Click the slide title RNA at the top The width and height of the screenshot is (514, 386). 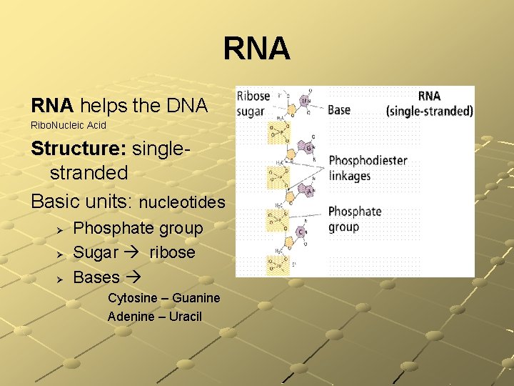256,49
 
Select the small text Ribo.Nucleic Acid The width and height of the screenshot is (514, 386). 69,126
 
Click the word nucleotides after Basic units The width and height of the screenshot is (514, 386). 181,203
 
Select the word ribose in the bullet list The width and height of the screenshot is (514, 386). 172,253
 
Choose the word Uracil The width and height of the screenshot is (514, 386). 185,316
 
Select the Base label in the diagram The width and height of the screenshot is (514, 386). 339,110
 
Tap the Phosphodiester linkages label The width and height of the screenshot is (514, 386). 368,168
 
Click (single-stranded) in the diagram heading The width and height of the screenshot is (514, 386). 429,111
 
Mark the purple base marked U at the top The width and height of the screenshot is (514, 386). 303,102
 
